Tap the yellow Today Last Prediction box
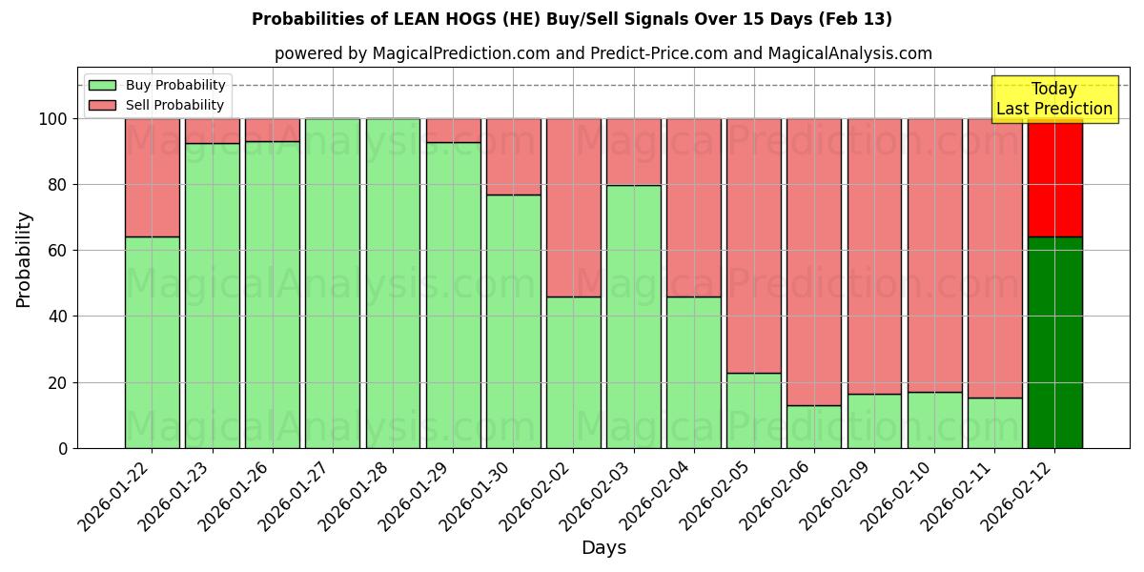coord(1053,99)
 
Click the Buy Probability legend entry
coord(156,85)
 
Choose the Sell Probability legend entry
coord(156,105)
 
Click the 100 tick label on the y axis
coord(52,119)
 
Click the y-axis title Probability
coord(24,259)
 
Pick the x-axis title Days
coord(603,548)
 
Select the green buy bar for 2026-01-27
coord(333,283)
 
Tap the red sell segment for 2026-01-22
coord(153,177)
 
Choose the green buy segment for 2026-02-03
coord(634,317)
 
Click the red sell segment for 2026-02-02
coord(574,207)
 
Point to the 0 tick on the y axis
coord(65,448)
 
